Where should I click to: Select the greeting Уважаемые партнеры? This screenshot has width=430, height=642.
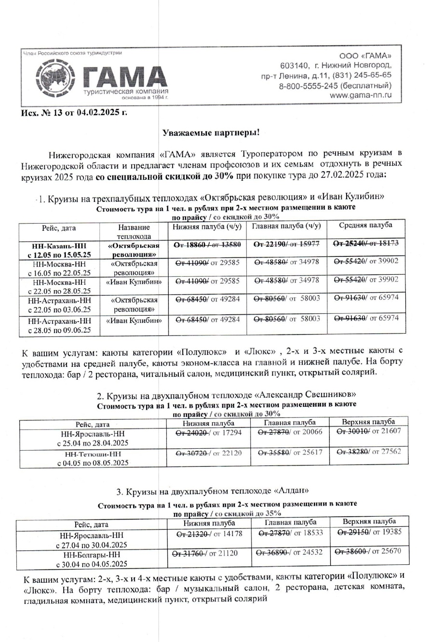coord(212,132)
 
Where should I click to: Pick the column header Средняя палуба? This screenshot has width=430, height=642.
coord(365,225)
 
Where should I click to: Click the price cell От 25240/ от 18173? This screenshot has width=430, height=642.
coord(366,244)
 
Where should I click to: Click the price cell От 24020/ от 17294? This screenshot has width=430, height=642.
coord(208,432)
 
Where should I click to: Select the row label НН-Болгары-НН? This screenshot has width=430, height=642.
coord(92,559)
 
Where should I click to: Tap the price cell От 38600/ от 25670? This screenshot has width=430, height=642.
coord(368,551)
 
